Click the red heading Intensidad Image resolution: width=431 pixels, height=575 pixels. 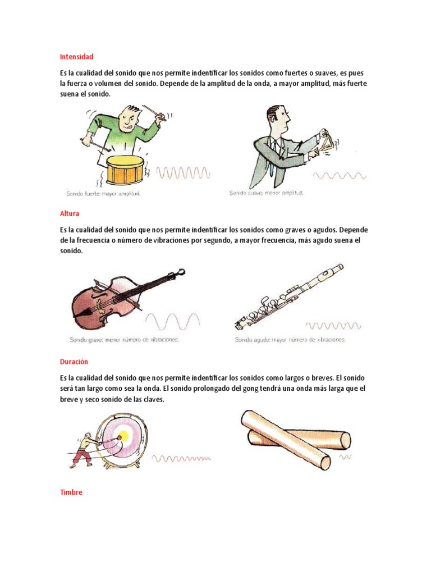pyautogui.click(x=76, y=57)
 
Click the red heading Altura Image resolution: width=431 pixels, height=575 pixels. pyautogui.click(x=70, y=213)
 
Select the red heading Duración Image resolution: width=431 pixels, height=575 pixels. pyautogui.click(x=74, y=362)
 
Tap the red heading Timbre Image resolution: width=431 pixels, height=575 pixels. pyautogui.click(x=71, y=492)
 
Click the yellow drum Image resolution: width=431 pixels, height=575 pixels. pyautogui.click(x=125, y=170)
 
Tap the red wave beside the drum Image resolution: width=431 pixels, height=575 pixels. pyautogui.click(x=184, y=172)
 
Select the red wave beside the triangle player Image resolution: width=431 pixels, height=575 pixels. pyautogui.click(x=340, y=176)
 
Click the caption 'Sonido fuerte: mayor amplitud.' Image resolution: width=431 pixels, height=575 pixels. pyautogui.click(x=103, y=194)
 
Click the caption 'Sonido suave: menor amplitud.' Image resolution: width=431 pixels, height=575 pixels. pyautogui.click(x=266, y=193)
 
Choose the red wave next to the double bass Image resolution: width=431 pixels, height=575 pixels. pyautogui.click(x=173, y=322)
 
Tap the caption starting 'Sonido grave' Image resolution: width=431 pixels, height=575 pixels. pyautogui.click(x=124, y=340)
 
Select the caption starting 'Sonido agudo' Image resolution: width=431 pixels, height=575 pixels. pyautogui.click(x=290, y=340)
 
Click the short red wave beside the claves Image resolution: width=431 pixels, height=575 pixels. pyautogui.click(x=345, y=457)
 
